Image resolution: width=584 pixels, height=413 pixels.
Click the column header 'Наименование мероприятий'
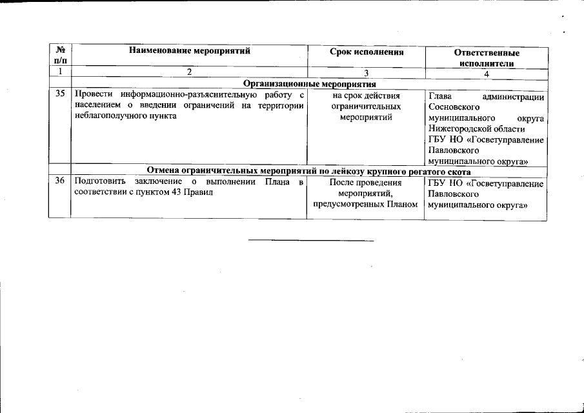[189, 51]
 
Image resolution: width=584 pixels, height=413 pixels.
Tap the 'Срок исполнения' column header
[366, 52]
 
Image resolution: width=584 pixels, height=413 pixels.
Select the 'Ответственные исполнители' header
[487, 58]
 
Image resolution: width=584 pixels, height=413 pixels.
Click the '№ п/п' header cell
[59, 55]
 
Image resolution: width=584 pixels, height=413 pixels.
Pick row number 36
[60, 182]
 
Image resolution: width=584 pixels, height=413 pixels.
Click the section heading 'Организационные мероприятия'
[309, 84]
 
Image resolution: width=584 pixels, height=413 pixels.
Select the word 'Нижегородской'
[455, 129]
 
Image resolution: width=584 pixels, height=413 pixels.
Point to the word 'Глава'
[440, 96]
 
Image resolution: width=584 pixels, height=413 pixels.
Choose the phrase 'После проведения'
[366, 182]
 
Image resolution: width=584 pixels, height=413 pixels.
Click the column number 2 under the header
[189, 73]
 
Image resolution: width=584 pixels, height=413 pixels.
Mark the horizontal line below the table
[311, 241]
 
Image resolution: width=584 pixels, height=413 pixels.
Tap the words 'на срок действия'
[366, 96]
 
